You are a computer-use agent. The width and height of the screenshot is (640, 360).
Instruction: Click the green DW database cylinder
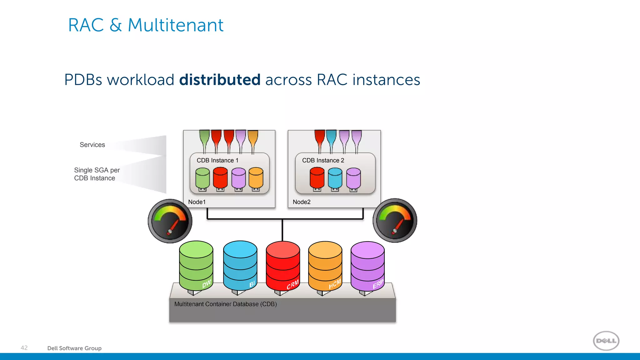tap(196, 266)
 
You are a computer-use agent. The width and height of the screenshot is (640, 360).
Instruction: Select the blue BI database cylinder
tap(240, 266)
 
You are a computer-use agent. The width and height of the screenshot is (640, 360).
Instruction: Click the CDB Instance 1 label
tap(217, 160)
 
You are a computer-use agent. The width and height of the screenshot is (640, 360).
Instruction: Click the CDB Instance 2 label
tap(323, 160)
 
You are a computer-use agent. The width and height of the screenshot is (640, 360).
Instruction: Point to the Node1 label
tap(197, 202)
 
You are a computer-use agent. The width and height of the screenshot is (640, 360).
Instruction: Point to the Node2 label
tap(302, 202)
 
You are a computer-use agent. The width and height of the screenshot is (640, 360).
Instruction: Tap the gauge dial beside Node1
tap(170, 221)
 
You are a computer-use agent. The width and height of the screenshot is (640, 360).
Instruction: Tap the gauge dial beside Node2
tap(395, 220)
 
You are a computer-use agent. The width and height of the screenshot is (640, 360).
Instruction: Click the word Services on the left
tap(92, 145)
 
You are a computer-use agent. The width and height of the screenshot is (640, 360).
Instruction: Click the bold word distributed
tap(220, 80)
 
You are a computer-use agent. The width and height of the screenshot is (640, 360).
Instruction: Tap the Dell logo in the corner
tap(606, 341)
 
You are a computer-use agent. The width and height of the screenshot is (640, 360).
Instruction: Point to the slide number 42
tap(24, 348)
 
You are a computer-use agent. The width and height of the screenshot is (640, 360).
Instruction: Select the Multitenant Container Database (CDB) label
tap(225, 304)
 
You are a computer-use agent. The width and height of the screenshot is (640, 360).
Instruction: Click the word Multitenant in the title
tap(176, 25)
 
